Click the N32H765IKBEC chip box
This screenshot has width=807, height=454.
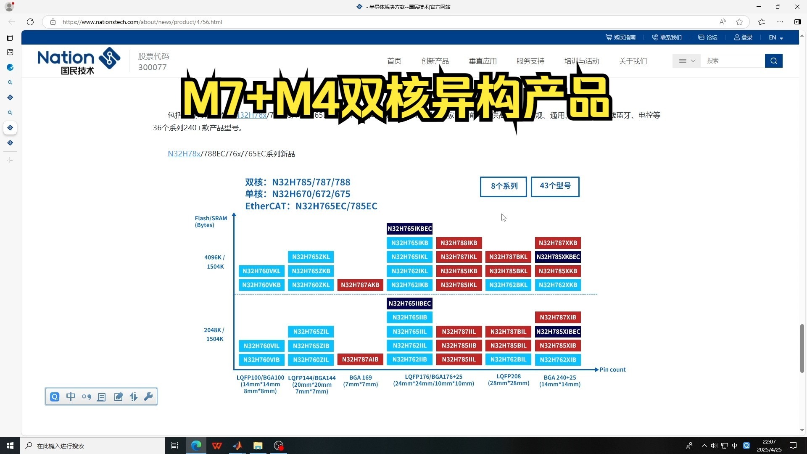(409, 229)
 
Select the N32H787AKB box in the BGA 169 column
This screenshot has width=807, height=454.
(360, 285)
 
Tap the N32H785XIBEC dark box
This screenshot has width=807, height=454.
(558, 332)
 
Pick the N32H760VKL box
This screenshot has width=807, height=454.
(261, 271)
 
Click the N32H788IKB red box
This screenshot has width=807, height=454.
(459, 243)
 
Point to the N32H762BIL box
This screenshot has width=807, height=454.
(508, 360)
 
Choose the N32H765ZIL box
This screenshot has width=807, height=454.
(311, 332)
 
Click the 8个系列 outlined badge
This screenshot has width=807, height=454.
(504, 186)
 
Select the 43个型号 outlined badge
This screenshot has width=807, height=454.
(555, 186)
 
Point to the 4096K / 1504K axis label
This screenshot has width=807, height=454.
(214, 262)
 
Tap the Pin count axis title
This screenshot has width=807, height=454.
(612, 370)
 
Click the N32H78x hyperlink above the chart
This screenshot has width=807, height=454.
(184, 154)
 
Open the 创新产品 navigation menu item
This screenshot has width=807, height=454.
(435, 61)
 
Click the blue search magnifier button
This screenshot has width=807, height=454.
(773, 61)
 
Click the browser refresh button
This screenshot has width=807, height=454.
(30, 22)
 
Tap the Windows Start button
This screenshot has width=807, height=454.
(10, 446)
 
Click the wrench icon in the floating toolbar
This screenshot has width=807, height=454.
(148, 397)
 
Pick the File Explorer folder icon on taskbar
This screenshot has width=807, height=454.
(258, 446)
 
